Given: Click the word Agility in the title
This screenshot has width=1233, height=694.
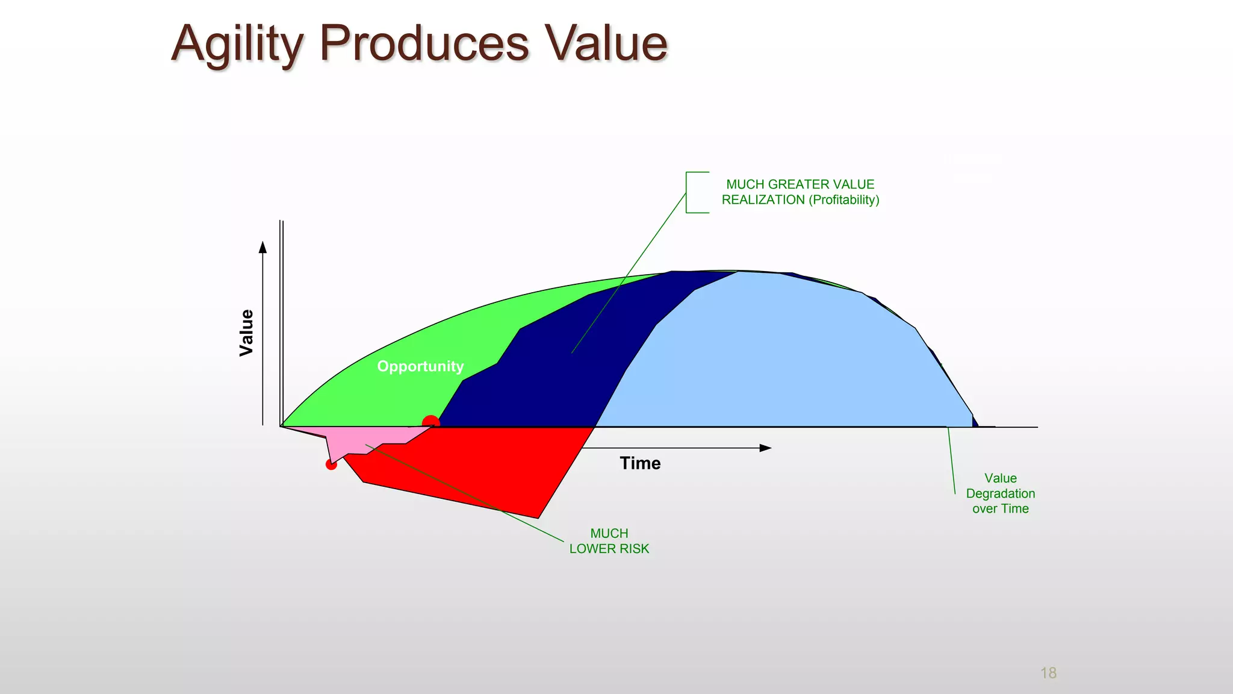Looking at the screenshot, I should point(237,44).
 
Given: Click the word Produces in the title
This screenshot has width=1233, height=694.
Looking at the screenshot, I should point(424,44).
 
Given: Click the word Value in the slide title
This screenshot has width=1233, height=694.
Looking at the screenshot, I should point(606,44).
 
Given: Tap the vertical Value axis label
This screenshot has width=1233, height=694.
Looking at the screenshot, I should point(246,333).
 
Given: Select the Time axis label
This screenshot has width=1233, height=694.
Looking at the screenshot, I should point(640,463).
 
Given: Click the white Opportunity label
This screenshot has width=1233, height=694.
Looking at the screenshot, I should point(420,366).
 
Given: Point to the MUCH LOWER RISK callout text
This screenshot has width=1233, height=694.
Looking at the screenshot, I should point(609,541).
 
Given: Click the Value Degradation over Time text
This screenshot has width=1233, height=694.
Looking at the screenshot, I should point(1000,493).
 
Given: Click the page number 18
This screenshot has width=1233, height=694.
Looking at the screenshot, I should point(1048,673).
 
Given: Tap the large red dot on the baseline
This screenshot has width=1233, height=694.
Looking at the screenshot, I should point(431,422).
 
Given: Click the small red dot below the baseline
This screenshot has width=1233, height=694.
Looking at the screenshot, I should point(331,464).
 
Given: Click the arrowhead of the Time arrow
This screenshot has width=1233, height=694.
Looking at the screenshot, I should point(766,448).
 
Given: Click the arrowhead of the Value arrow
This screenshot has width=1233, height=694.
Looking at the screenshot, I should point(262,246).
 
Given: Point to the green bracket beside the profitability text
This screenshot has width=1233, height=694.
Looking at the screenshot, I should point(688,193).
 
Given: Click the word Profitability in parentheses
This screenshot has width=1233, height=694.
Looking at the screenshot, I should point(844,200).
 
